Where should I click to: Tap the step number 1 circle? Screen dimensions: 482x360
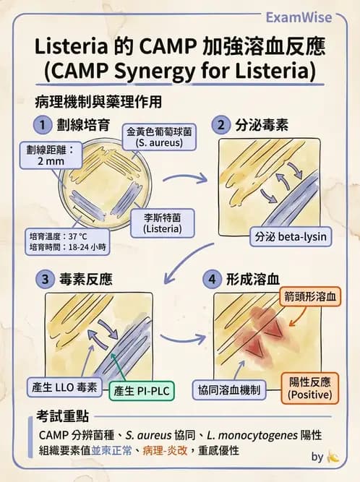click(43, 124)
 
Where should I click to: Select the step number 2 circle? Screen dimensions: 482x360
click(220, 124)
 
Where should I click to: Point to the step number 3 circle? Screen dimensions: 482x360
click(43, 279)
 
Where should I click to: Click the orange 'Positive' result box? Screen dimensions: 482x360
click(309, 389)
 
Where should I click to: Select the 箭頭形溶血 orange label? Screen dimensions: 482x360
click(312, 296)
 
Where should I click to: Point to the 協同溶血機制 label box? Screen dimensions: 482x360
click(230, 391)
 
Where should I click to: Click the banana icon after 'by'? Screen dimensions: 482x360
click(333, 457)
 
